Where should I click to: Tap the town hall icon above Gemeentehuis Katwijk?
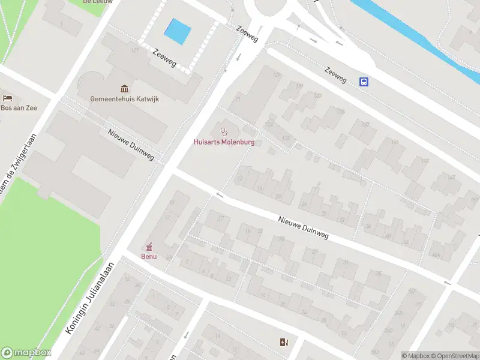[125, 89]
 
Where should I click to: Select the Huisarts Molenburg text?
[224, 142]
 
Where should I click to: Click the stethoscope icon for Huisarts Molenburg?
[224, 131]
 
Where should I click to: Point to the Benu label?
[149, 256]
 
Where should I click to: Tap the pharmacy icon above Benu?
[149, 246]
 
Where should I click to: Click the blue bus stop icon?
[364, 82]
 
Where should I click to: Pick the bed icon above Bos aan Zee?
[7, 98]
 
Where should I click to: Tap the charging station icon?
[283, 342]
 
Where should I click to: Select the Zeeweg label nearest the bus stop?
[336, 74]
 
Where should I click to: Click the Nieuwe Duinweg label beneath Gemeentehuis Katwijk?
[131, 145]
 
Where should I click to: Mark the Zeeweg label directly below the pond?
[164, 58]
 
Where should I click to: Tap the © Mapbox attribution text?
[416, 356]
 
